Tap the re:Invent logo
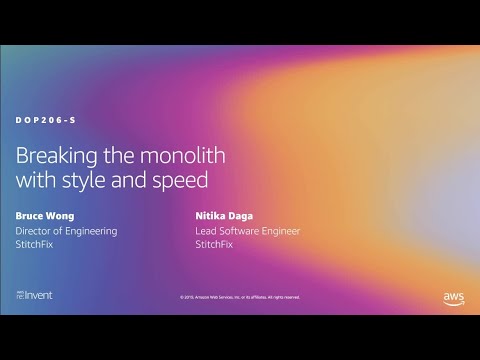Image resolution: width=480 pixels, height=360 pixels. tap(36, 296)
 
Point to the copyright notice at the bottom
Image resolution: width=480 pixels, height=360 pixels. tap(240, 297)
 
